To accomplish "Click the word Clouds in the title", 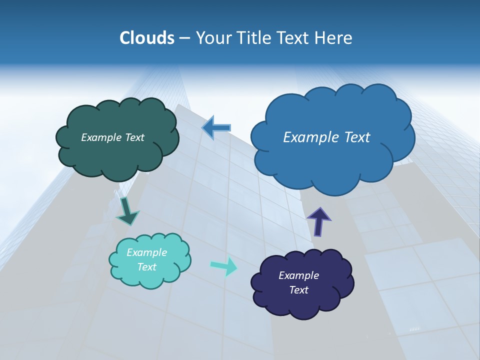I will tap(147, 38).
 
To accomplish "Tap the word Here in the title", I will tap(334, 38).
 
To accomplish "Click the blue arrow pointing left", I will tap(216, 128).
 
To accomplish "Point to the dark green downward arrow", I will tap(127, 210).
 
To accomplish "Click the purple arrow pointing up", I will tap(318, 221).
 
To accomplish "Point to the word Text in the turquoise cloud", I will tap(147, 267).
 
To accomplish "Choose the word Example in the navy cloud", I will tap(298, 275).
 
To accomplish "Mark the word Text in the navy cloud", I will tap(298, 290).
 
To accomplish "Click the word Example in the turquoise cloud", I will tap(147, 252).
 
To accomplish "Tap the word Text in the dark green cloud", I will tap(134, 137).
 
